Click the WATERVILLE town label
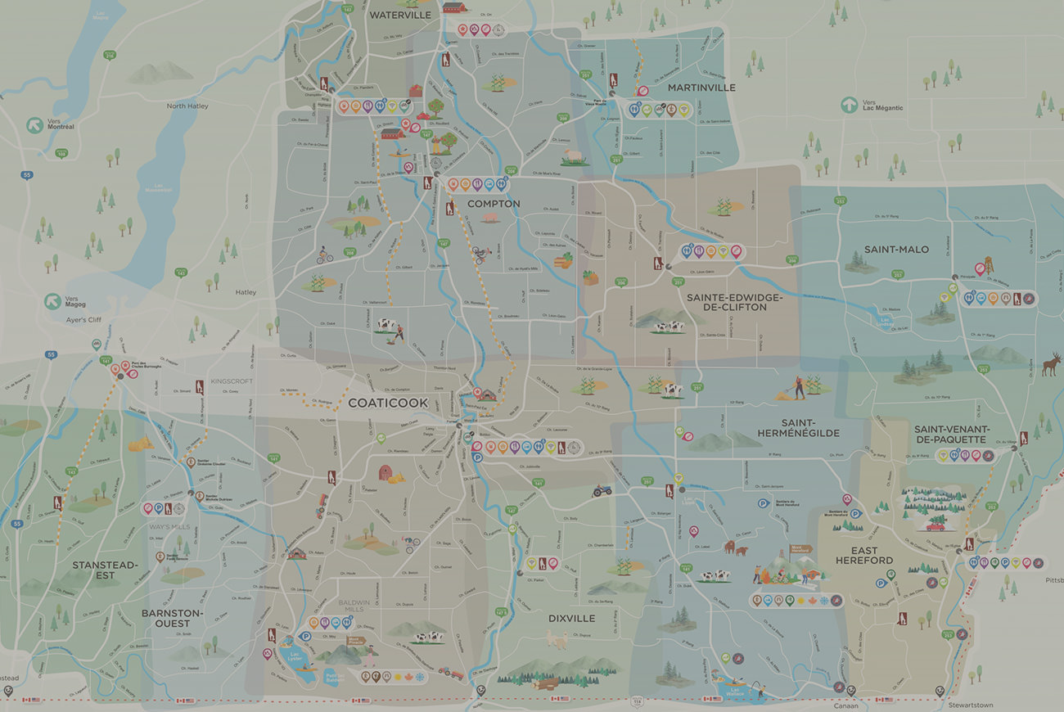(400, 15)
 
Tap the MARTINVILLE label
(701, 88)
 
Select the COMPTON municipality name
(494, 204)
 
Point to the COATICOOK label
(388, 403)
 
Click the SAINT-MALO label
(896, 249)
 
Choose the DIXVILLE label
(571, 618)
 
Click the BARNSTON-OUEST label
(172, 618)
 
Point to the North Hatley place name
(188, 106)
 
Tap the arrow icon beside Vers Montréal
(34, 125)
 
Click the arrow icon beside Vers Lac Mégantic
(849, 105)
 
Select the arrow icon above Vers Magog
(53, 301)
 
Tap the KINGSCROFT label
(232, 381)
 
